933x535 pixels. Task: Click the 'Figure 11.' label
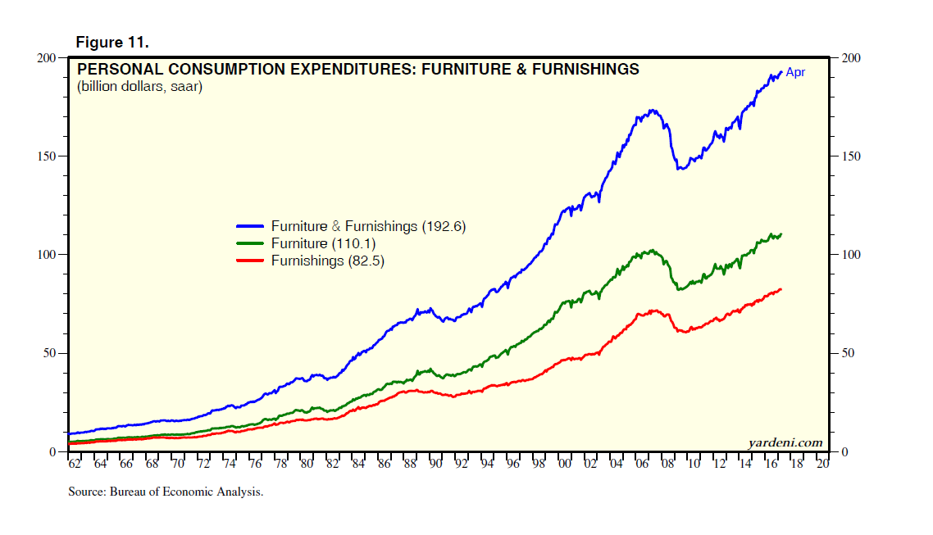112,42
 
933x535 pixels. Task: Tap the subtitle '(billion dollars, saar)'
139,87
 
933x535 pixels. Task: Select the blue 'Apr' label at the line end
795,72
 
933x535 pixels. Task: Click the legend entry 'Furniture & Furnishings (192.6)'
368,227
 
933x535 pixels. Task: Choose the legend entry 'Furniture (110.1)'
323,244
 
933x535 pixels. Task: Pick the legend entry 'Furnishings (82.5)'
327,261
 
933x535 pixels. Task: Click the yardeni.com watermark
785,442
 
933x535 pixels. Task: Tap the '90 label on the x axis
435,465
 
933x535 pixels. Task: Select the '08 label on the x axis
667,465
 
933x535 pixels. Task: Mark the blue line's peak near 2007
653,110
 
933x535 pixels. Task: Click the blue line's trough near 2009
679,169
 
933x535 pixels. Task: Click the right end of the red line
781,288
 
